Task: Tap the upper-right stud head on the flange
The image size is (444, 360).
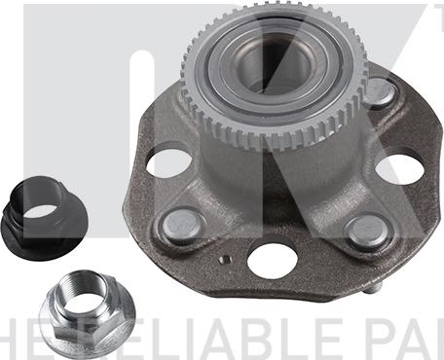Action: pyautogui.click(x=380, y=91)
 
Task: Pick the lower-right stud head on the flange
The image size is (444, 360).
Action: pyautogui.click(x=367, y=232)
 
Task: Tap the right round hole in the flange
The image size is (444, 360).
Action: pyautogui.click(x=400, y=168)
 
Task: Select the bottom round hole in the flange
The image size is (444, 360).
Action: pyautogui.click(x=272, y=259)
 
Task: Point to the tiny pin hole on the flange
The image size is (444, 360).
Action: pyautogui.click(x=226, y=261)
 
